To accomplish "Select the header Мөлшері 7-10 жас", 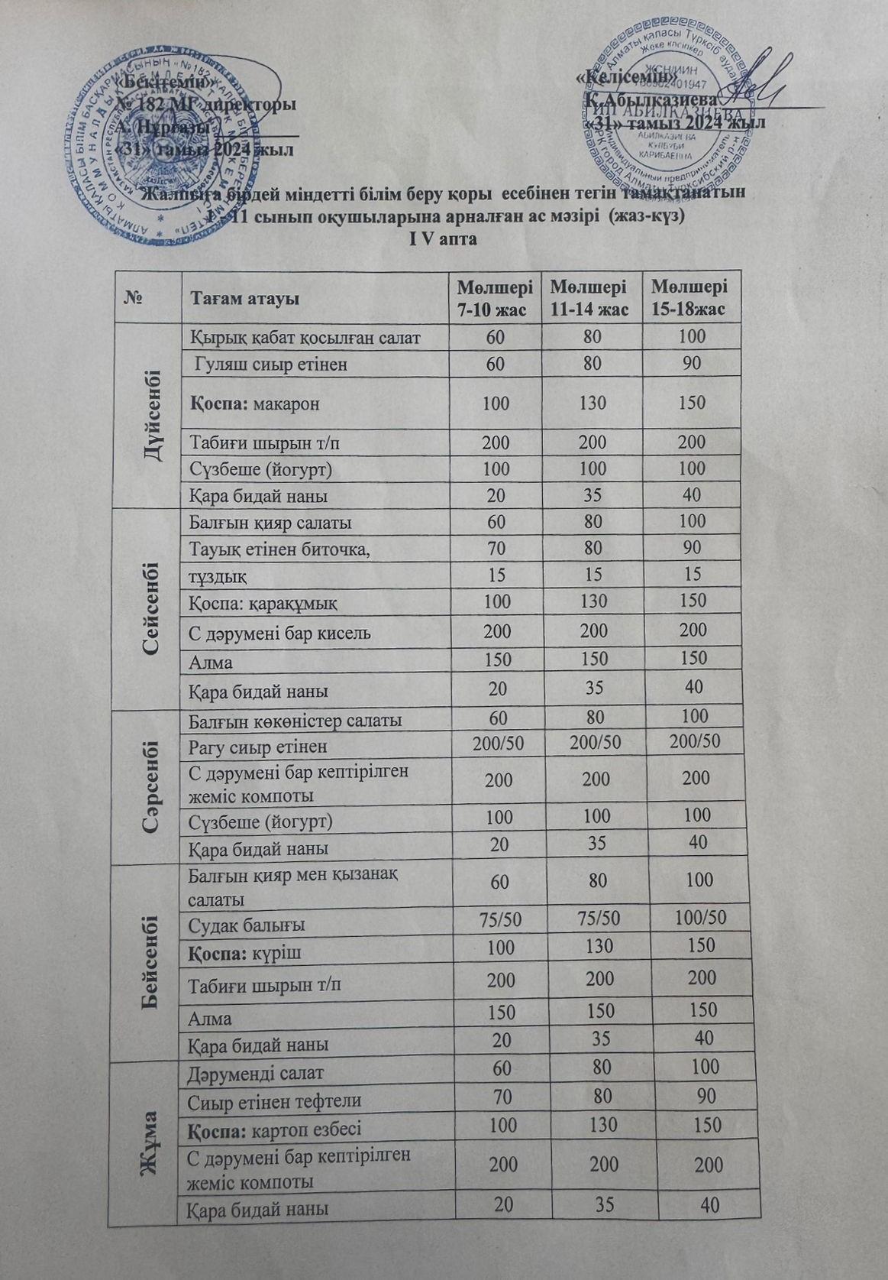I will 495,298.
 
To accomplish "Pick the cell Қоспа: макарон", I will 255,403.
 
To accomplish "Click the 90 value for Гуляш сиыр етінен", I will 692,364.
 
